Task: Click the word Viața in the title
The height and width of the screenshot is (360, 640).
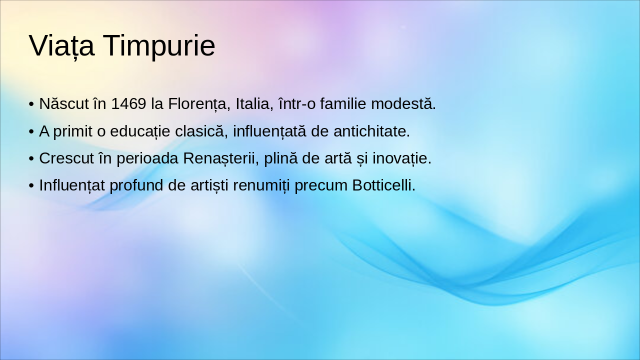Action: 61,46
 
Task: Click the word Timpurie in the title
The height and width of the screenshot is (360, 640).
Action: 159,46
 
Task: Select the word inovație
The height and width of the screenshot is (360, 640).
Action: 405,158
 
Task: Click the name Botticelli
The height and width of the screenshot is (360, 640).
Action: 383,185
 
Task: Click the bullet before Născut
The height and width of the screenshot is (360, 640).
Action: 31,104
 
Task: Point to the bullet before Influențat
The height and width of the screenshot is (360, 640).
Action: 31,185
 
